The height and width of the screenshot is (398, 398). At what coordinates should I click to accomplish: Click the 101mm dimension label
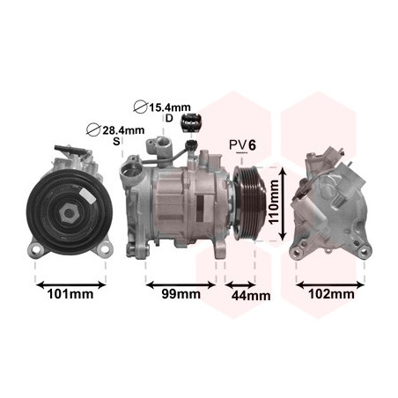tap(70, 294)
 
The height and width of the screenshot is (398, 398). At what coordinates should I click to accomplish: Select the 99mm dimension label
tap(181, 294)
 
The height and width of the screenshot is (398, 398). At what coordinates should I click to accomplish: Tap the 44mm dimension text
tap(251, 296)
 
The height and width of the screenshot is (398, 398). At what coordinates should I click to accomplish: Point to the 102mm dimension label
tap(331, 293)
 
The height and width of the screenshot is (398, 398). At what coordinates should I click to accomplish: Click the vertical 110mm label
tap(274, 203)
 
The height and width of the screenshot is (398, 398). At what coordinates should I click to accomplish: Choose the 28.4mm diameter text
tap(123, 130)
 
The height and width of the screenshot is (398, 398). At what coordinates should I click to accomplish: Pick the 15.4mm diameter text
tap(170, 107)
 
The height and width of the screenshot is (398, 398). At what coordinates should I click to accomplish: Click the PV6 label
tap(242, 145)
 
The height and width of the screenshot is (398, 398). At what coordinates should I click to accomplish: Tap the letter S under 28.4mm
tap(116, 141)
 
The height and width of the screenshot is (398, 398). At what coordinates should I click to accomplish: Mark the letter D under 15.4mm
tap(169, 118)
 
